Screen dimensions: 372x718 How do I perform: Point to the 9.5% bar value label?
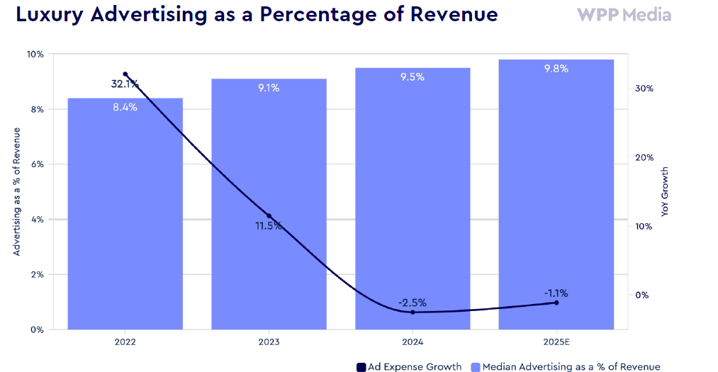click(413, 77)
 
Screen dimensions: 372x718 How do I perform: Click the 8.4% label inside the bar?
click(125, 108)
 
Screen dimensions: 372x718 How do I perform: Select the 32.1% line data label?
click(125, 84)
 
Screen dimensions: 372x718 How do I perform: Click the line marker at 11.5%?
click(269, 216)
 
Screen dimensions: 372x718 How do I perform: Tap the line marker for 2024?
click(413, 312)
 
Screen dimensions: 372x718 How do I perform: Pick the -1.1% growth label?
click(556, 293)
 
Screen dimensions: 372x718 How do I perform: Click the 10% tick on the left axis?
click(35, 54)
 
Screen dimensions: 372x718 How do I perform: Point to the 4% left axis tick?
click(38, 220)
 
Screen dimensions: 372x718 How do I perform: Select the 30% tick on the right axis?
click(644, 89)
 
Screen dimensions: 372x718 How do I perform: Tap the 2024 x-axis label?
click(413, 342)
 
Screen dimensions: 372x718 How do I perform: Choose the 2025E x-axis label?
click(556, 342)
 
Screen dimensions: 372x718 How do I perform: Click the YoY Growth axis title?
click(665, 191)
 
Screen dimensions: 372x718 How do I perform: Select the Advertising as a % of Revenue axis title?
click(16, 191)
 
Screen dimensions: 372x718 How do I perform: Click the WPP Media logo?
click(624, 15)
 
